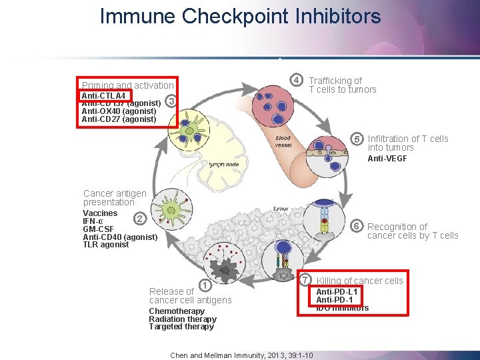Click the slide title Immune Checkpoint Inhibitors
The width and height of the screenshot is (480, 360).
pyautogui.click(x=240, y=16)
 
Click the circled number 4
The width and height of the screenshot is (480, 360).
pyautogui.click(x=299, y=81)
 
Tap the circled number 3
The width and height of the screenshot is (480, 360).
pyautogui.click(x=171, y=101)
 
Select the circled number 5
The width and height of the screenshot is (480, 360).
pyautogui.click(x=357, y=139)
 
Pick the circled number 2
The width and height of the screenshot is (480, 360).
pyautogui.click(x=139, y=219)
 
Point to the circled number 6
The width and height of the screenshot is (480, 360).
pyautogui.click(x=357, y=227)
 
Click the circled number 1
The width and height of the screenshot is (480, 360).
pyautogui.click(x=205, y=286)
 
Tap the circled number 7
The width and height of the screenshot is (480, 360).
pyautogui.click(x=305, y=279)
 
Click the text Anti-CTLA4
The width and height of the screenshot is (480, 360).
pyautogui.click(x=103, y=96)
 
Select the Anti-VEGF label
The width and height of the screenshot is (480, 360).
pyautogui.click(x=387, y=159)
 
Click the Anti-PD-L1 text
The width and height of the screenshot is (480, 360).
pyautogui.click(x=337, y=292)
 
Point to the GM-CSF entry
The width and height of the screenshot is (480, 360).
pyautogui.click(x=98, y=229)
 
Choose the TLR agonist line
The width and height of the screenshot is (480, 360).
pyautogui.click(x=105, y=245)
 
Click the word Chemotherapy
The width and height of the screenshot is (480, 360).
pyautogui.click(x=177, y=311)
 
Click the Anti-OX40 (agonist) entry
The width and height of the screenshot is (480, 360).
pyautogui.click(x=119, y=111)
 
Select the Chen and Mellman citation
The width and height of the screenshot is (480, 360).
pyautogui.click(x=242, y=355)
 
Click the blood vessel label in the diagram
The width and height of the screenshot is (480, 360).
pyautogui.click(x=283, y=142)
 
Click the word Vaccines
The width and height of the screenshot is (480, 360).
pyautogui.click(x=100, y=213)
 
